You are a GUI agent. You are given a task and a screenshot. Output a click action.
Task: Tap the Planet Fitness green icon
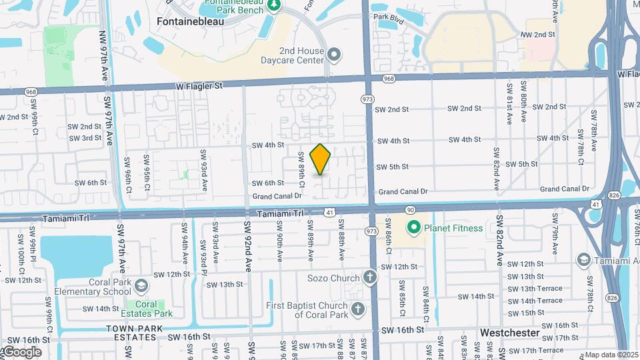[x=413, y=228]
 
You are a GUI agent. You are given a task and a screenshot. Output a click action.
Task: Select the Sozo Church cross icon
[x=371, y=277]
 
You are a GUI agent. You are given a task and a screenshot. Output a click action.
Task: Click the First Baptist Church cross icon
[x=358, y=309]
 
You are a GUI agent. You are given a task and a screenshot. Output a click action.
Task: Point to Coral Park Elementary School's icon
[x=141, y=286]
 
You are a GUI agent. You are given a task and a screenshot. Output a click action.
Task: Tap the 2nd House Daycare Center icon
[x=335, y=53]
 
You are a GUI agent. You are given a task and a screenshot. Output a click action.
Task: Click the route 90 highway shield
[x=410, y=210]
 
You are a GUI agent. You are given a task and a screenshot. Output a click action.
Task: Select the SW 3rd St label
[x=85, y=138]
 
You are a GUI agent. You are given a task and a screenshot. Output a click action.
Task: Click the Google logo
[x=21, y=352]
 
